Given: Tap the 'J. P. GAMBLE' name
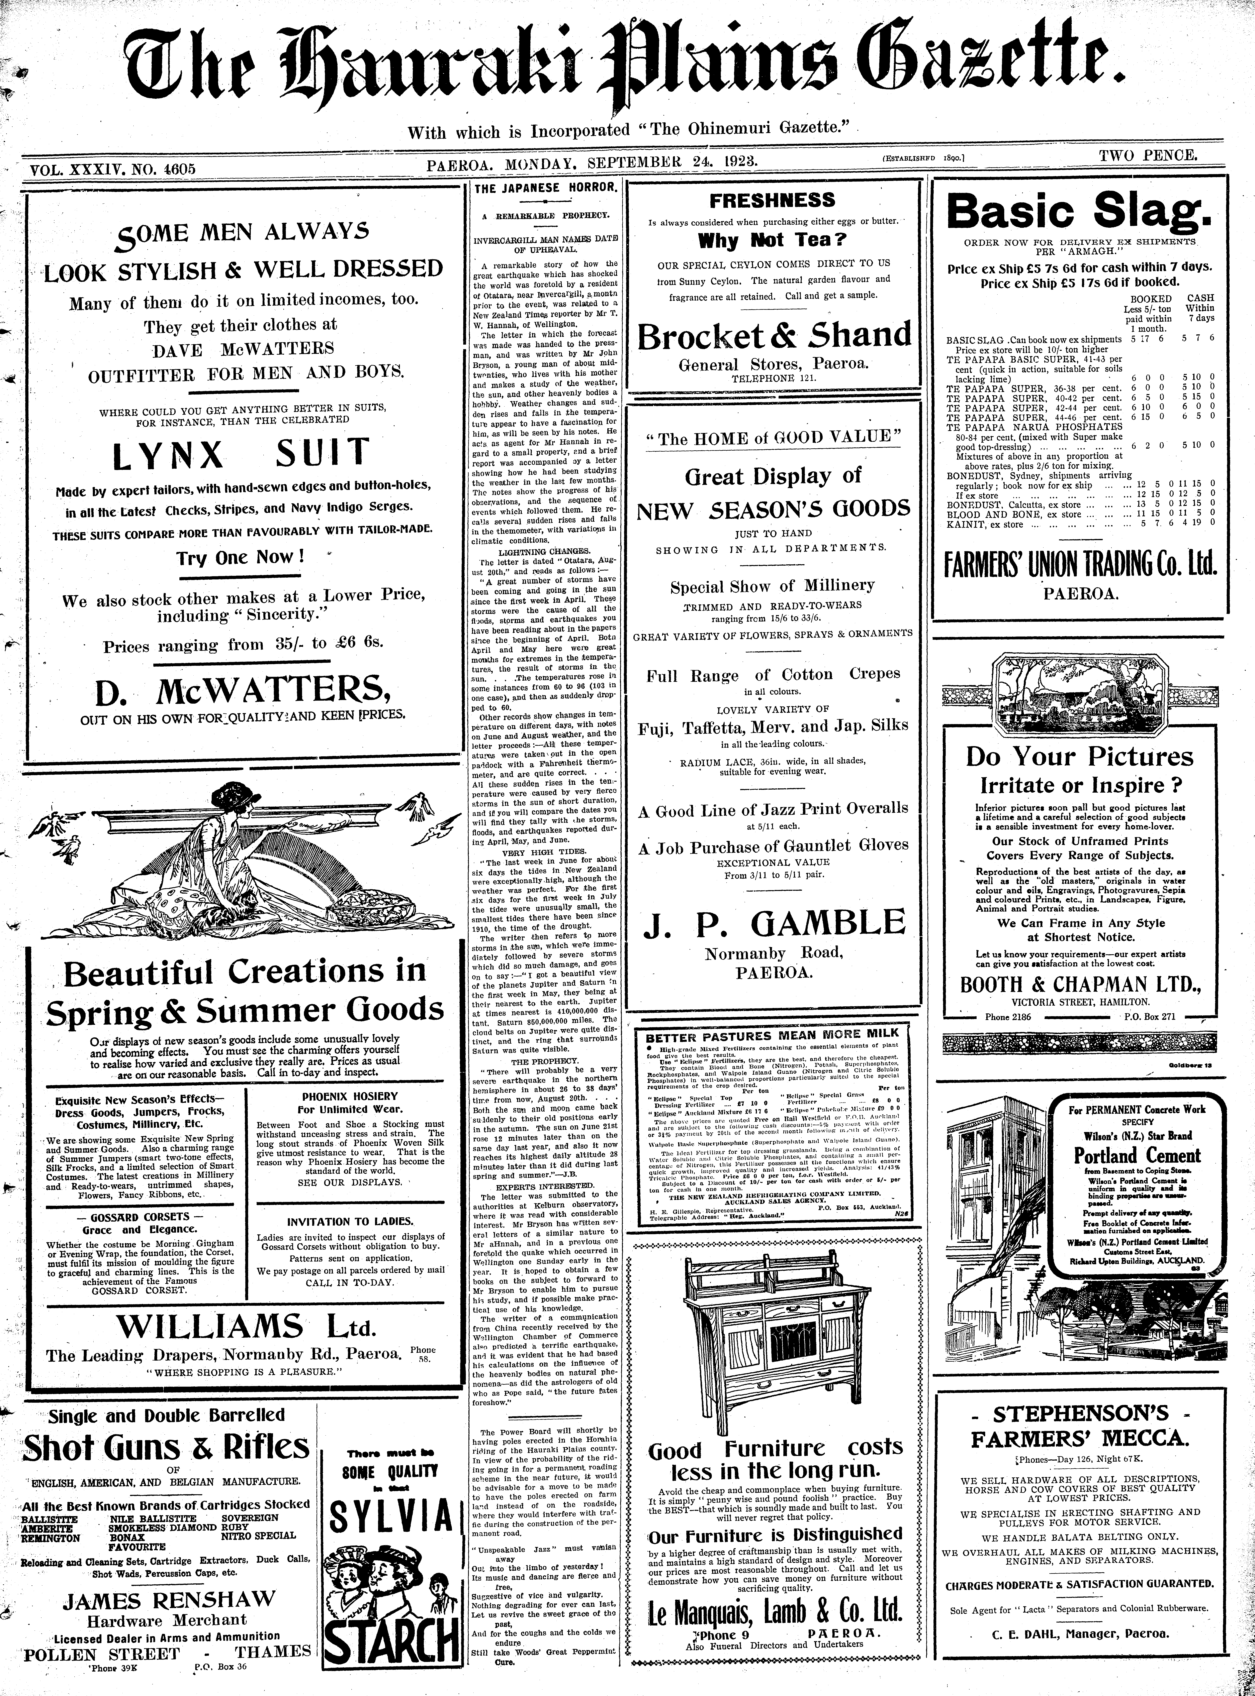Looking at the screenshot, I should click(774, 923).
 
